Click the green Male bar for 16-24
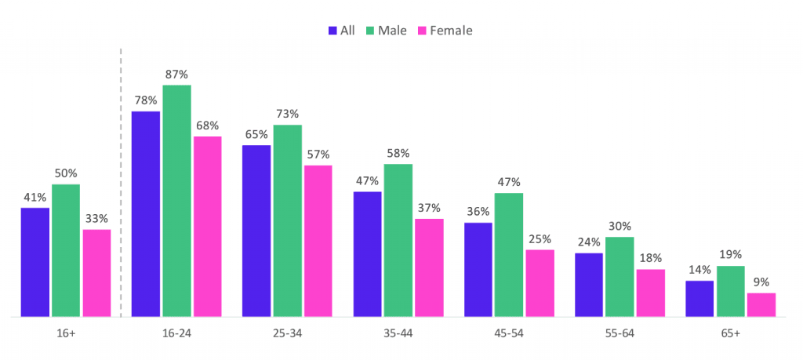tap(176, 201)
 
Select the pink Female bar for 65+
tap(761, 305)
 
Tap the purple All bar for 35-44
tap(367, 254)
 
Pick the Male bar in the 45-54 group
tap(509, 255)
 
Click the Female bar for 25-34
tap(318, 241)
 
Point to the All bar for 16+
tap(35, 262)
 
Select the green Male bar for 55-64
tap(620, 277)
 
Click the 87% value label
tap(176, 75)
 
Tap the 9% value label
tap(761, 282)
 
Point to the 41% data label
tap(35, 198)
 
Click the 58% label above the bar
tap(398, 154)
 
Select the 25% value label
tap(540, 239)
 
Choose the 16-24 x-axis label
tap(176, 333)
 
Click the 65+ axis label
tap(730, 333)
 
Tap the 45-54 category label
tap(509, 333)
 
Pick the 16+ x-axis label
tap(66, 333)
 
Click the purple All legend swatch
tap(332, 31)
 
